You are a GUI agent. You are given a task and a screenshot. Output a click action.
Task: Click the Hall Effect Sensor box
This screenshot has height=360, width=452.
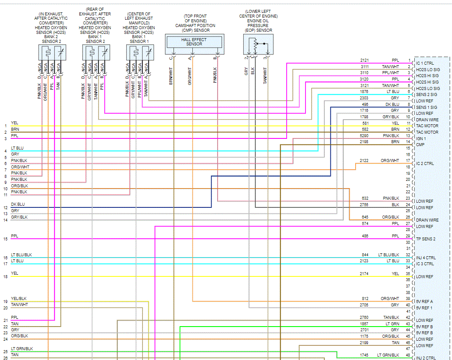tap(194, 42)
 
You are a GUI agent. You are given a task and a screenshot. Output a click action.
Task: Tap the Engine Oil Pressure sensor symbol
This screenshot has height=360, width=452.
tap(258, 44)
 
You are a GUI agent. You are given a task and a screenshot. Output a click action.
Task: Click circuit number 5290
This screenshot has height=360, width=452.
tap(364, 135)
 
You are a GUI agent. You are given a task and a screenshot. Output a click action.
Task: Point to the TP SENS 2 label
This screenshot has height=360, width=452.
tap(426, 239)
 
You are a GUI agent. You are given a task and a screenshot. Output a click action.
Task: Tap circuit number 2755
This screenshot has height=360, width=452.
tap(364, 205)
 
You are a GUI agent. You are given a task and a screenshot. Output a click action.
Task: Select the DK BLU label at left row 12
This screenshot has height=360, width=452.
tap(18, 205)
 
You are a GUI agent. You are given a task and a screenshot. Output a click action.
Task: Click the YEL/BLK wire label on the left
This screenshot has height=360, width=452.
tap(19, 299)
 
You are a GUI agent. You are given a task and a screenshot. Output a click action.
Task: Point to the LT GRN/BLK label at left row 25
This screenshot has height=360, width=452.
tap(22, 349)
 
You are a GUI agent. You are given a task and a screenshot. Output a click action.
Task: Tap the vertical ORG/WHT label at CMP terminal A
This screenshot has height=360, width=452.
tap(190, 77)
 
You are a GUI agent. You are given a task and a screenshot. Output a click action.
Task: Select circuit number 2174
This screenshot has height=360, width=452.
tap(364, 273)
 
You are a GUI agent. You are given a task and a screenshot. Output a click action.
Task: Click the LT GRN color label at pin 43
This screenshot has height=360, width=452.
tap(392, 324)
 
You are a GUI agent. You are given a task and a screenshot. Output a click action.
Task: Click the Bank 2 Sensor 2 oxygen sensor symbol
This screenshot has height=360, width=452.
tap(51, 52)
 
